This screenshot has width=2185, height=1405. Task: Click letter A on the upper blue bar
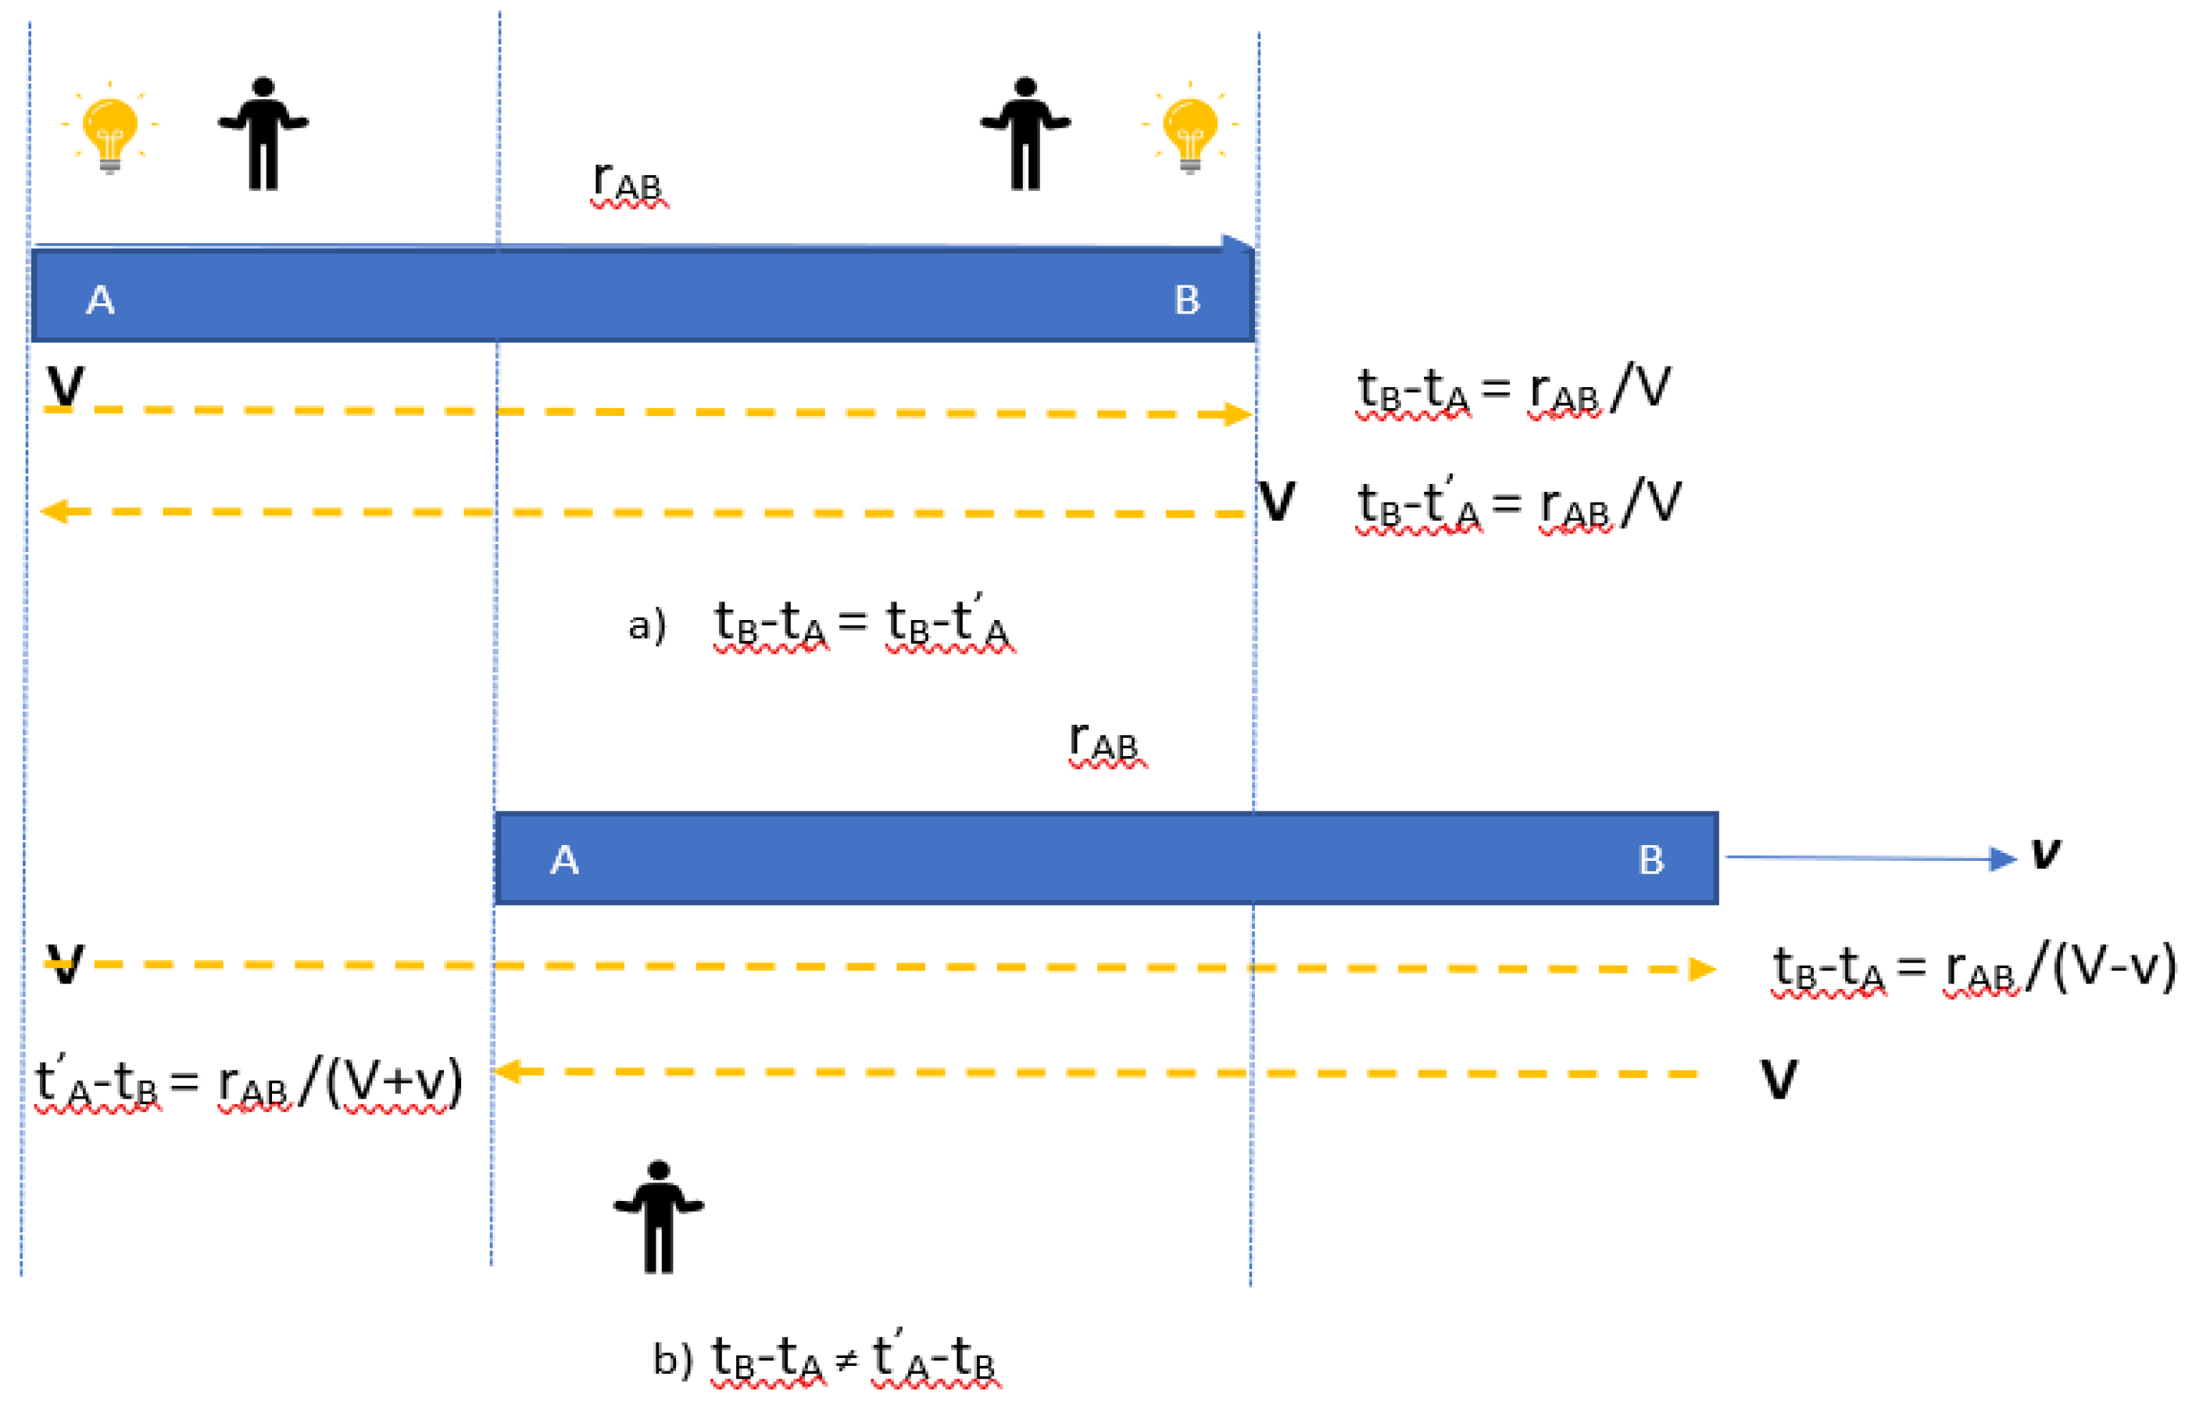[100, 300]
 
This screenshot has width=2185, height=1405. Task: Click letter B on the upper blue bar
[1186, 300]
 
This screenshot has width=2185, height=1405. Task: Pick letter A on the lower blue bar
[563, 859]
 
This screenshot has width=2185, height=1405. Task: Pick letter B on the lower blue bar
[1650, 859]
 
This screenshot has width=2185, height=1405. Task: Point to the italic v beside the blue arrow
[2045, 853]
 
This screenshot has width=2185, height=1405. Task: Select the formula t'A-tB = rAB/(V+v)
[248, 1083]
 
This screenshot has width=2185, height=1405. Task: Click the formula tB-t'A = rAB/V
[1518, 504]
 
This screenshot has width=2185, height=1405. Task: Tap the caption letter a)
[646, 625]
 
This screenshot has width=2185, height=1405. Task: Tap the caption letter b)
[673, 1360]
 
